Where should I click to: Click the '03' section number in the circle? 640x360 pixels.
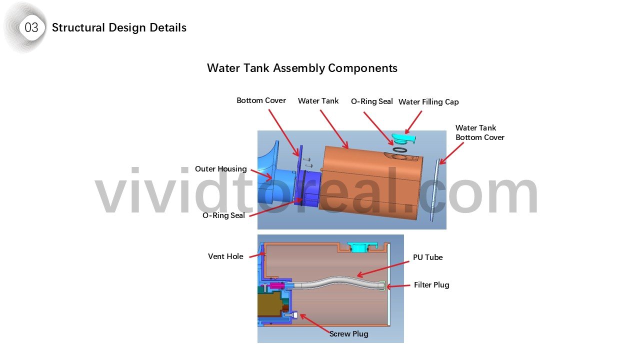[x=31, y=27]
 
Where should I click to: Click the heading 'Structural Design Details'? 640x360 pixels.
[x=119, y=27]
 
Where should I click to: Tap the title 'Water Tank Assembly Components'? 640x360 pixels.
[x=302, y=68]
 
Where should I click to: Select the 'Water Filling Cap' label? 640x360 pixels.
[x=428, y=101]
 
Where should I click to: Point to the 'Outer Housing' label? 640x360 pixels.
[x=221, y=169]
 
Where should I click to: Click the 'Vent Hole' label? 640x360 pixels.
[x=225, y=256]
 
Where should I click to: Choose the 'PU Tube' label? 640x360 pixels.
[x=427, y=257]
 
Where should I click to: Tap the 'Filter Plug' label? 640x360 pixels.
[x=431, y=285]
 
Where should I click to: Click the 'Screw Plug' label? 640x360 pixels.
[x=348, y=333]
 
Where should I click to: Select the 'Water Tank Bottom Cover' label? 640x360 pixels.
[x=479, y=132]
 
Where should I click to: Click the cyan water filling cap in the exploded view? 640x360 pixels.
[x=403, y=139]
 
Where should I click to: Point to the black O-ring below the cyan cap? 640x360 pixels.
[x=400, y=149]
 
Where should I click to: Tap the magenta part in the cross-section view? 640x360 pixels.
[x=275, y=285]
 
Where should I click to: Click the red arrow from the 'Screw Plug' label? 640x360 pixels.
[x=315, y=323]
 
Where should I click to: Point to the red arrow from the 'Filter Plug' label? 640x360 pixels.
[x=398, y=286]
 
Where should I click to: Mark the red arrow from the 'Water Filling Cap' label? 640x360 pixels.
[x=413, y=122]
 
